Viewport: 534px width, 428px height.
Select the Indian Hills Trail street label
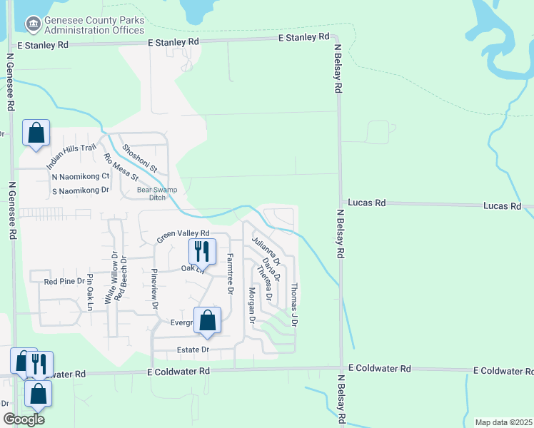tap(71, 157)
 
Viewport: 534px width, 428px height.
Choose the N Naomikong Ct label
tap(80, 176)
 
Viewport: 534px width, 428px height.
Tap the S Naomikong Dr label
tap(80, 190)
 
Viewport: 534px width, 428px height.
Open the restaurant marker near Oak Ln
tap(201, 250)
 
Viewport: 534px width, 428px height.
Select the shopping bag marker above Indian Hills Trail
tap(36, 133)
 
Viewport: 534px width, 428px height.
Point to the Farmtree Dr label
tap(230, 274)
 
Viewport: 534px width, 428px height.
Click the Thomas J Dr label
tap(293, 305)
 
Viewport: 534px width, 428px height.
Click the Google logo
tap(24, 419)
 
